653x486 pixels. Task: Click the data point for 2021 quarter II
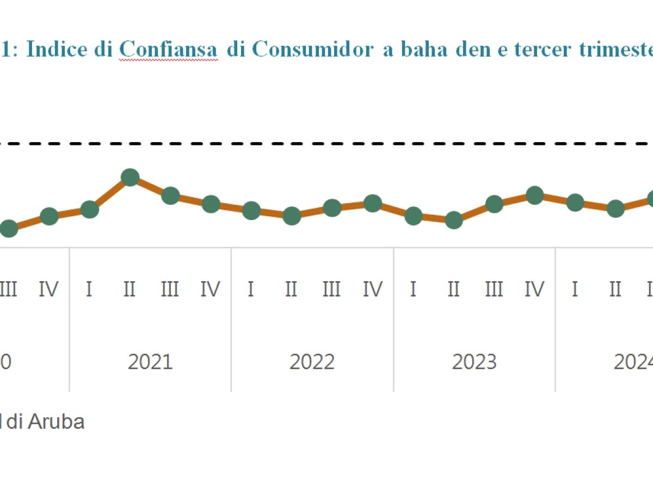130,177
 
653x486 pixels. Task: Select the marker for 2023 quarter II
453,220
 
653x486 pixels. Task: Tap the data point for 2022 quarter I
251,210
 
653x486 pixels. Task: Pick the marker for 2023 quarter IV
534,195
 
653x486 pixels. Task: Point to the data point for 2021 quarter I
89,209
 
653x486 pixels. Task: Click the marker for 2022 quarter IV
373,203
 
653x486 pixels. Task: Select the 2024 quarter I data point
575,203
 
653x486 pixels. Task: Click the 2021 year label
150,362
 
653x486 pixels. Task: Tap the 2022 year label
312,362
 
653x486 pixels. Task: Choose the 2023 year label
474,362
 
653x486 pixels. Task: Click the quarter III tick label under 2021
170,289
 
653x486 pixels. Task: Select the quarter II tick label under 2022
291,289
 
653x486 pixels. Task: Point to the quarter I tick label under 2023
413,289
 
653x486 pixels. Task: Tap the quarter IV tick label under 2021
210,289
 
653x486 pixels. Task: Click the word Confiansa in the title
168,50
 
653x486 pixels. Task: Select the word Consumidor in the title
313,50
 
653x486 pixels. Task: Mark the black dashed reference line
326,144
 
